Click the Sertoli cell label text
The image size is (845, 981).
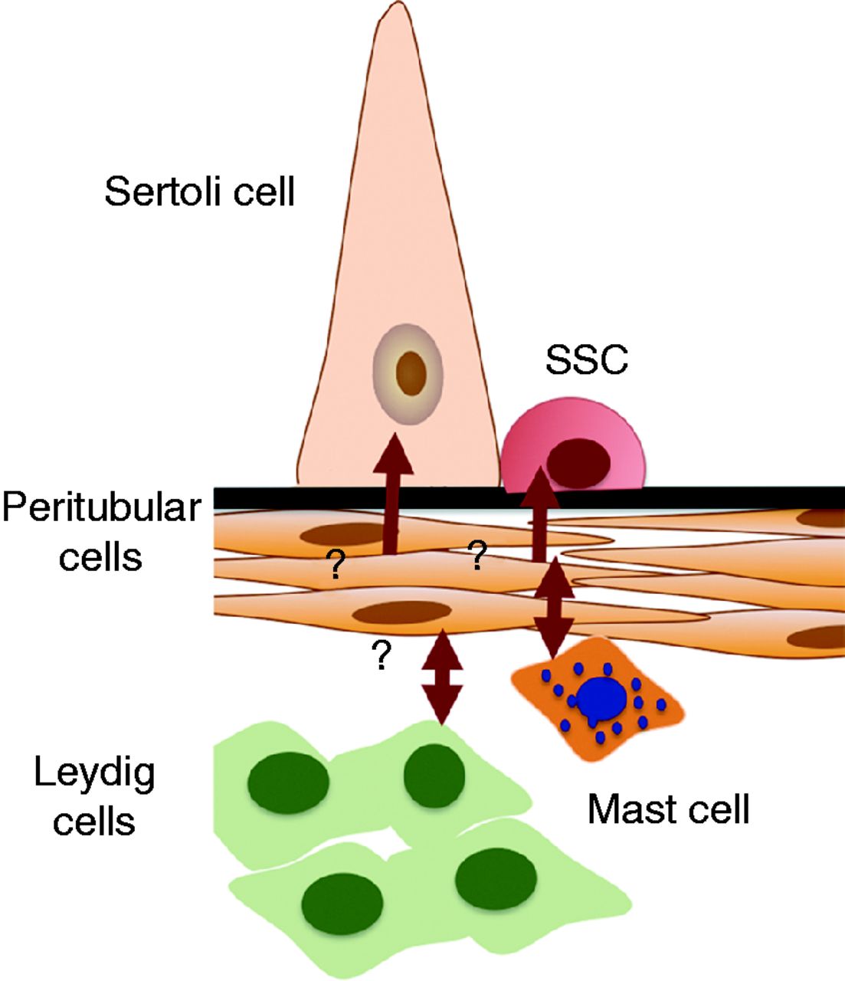(x=199, y=191)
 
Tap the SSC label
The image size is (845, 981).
(x=586, y=359)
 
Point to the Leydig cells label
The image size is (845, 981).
(x=94, y=796)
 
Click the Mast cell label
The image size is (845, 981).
(x=668, y=809)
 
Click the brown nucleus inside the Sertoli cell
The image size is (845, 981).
(x=411, y=372)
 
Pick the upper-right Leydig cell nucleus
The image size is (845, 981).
(x=434, y=776)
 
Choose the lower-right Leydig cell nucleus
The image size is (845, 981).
(x=496, y=878)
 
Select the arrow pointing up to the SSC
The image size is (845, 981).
(x=541, y=513)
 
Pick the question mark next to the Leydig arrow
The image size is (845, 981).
(x=381, y=657)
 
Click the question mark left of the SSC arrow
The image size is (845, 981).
(x=478, y=556)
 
